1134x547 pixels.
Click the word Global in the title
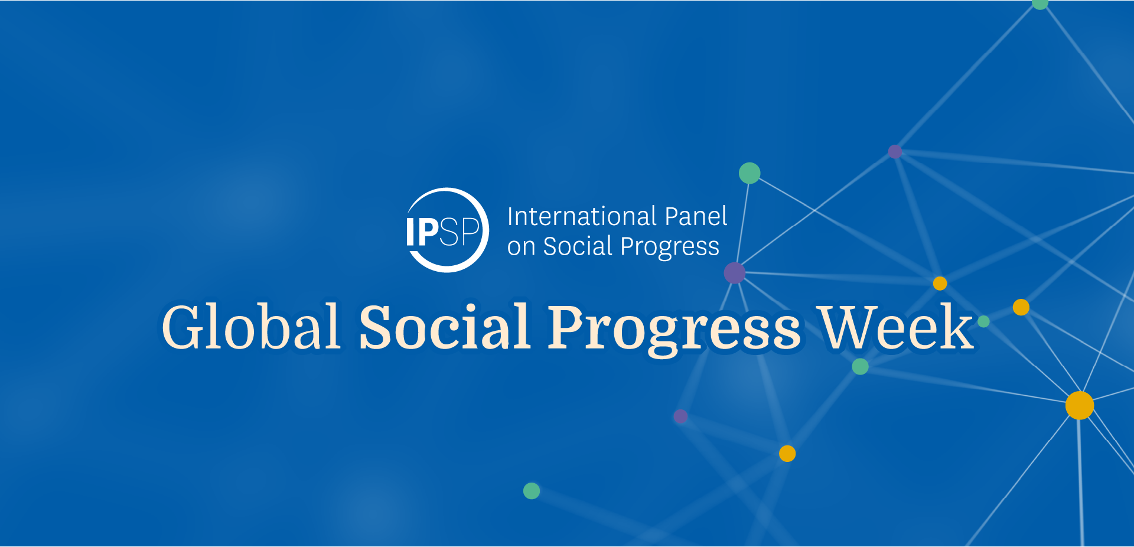251,326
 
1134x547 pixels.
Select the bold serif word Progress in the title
674,331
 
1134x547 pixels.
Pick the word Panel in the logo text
696,216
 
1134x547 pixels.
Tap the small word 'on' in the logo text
521,247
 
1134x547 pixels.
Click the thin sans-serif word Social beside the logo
578,246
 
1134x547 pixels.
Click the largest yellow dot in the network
1080,405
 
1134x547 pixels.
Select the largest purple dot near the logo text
735,273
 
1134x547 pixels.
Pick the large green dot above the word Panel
750,173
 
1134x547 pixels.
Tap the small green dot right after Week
983,321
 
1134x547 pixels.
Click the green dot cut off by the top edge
1040,4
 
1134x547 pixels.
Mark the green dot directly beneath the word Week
861,366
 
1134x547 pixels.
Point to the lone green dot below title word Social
532,491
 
